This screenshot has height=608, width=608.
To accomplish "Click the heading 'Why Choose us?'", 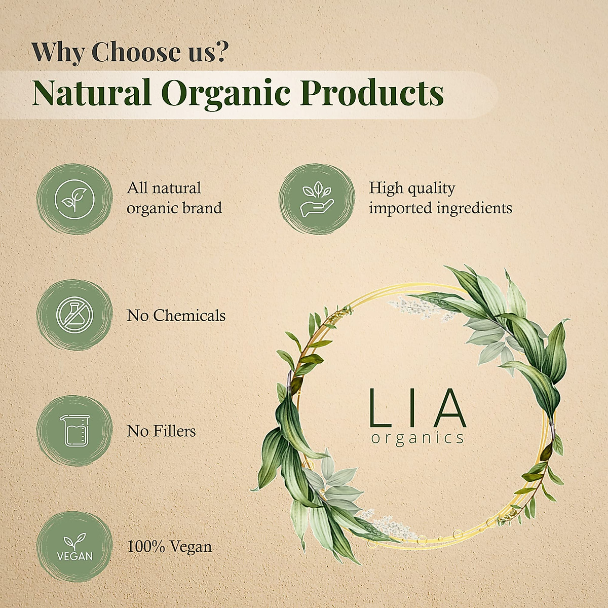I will [x=130, y=52].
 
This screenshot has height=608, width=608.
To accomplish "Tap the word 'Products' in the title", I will [x=372, y=93].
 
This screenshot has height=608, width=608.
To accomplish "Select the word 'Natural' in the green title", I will [x=92, y=93].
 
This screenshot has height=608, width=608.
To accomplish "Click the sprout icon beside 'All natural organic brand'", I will [x=74, y=199].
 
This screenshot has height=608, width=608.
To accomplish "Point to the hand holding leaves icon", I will [x=317, y=199].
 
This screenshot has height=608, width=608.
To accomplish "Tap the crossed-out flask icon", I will [x=74, y=315].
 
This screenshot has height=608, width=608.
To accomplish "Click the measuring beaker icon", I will [x=74, y=431].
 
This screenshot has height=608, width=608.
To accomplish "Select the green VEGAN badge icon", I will [x=74, y=547].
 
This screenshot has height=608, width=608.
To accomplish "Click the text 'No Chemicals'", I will [x=176, y=316].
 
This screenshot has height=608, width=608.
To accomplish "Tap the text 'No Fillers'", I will [x=161, y=431].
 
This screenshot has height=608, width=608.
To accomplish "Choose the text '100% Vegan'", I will [x=169, y=547].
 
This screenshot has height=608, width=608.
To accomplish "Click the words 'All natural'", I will [x=164, y=188].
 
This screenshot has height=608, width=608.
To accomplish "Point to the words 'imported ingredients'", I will [x=440, y=208].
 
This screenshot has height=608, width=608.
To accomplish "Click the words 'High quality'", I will [x=412, y=188].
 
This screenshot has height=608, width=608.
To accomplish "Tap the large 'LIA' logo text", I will [x=417, y=408].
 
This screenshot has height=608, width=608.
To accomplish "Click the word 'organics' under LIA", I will [x=417, y=438].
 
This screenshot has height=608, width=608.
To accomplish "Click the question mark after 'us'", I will [x=220, y=52].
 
